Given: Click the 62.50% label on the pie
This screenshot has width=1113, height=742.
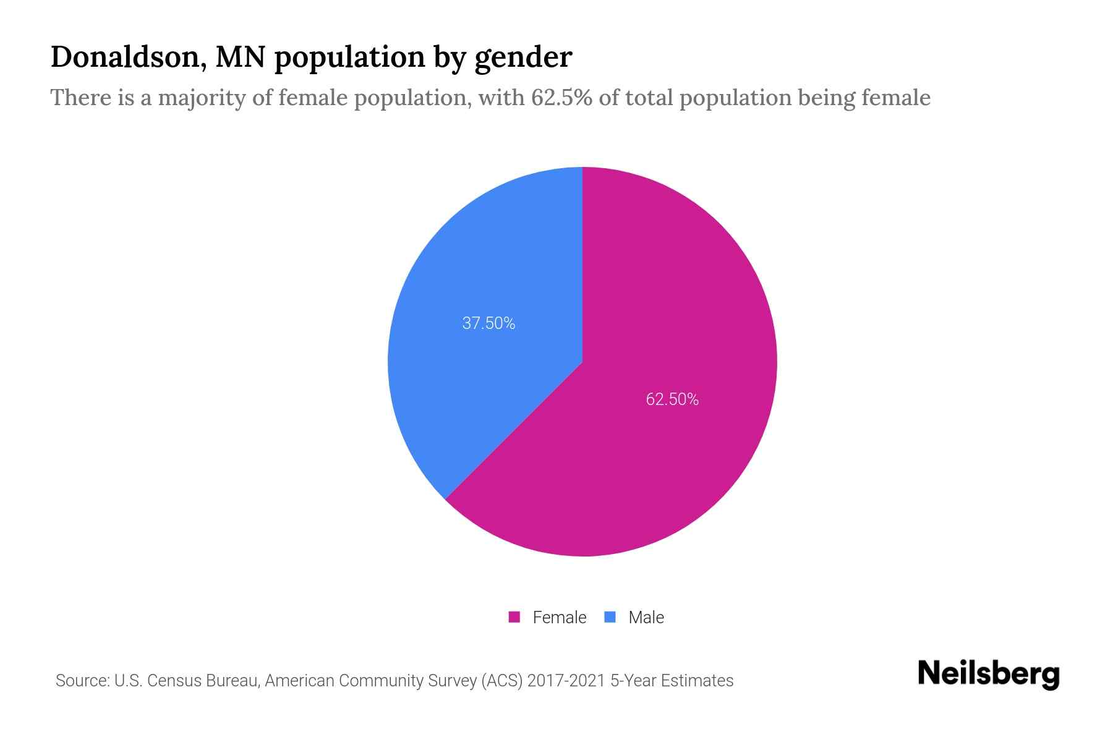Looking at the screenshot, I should point(672,399).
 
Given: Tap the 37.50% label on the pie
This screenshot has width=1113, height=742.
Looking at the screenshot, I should point(488,323).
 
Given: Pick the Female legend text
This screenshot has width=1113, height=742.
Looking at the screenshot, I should point(559,618).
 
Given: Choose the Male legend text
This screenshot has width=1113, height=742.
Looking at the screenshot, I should point(646,618).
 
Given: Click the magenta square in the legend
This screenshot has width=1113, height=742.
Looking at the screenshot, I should point(514,617).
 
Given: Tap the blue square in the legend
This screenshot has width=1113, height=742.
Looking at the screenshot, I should point(610,617).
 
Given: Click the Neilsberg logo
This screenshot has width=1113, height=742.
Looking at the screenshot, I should point(988,674).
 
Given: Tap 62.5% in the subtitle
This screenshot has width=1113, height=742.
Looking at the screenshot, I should point(561,98).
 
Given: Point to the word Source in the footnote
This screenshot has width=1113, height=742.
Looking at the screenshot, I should point(81,681).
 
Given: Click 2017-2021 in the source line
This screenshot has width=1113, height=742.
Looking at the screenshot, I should point(566,681).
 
